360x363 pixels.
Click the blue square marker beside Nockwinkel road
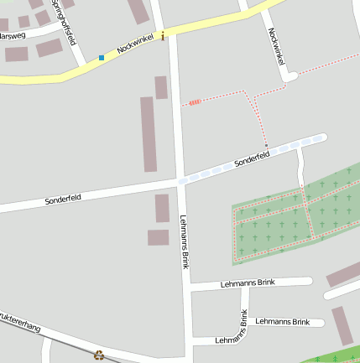102,58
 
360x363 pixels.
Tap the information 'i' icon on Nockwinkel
162,36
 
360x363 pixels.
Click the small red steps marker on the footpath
195,102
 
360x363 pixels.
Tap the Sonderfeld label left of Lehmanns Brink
63,200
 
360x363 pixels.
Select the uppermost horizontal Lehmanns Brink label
248,283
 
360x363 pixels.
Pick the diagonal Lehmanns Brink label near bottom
231,334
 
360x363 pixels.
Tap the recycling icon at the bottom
99,355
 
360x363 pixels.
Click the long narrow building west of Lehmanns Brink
149,134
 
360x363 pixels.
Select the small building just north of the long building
161,87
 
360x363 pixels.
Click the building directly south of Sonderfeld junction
162,208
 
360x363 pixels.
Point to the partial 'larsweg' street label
13,36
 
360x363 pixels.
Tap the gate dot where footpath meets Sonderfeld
267,147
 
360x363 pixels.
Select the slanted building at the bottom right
341,325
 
